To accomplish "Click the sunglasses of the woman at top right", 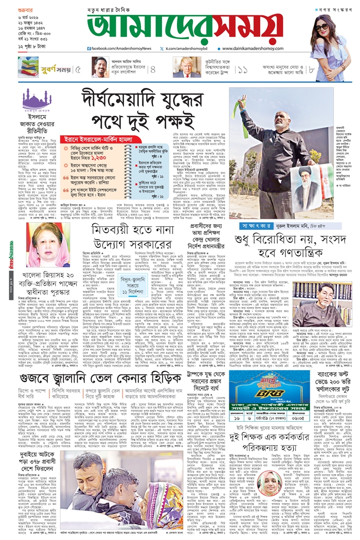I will pyautogui.click(x=323, y=27).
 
